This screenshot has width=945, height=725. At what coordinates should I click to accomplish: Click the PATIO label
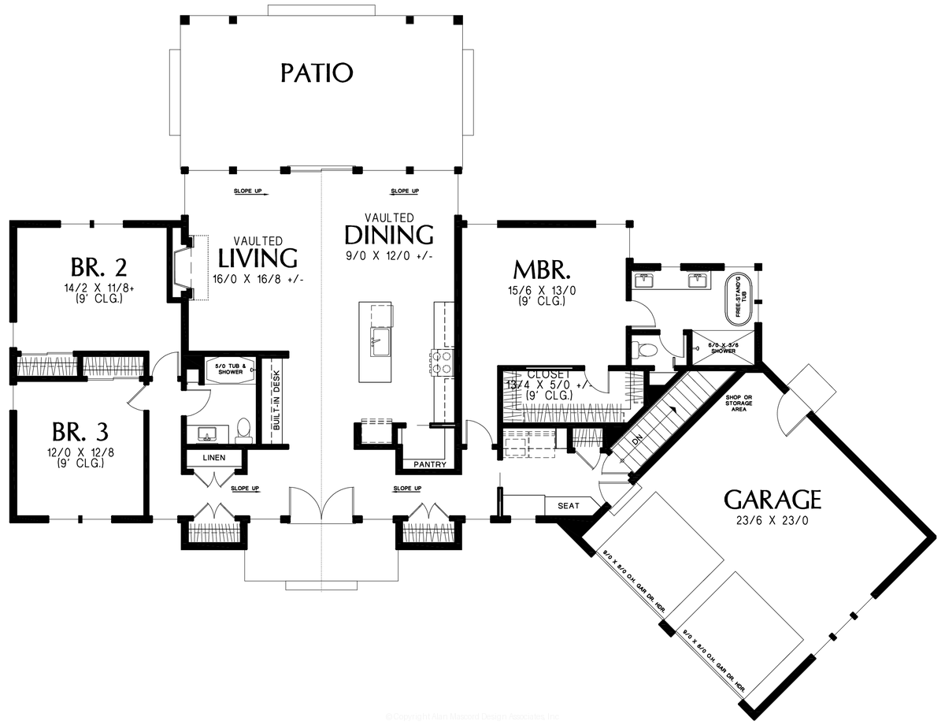click(x=317, y=73)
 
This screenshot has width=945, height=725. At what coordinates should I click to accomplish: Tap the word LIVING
click(x=258, y=258)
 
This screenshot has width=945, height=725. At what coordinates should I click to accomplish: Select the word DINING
click(x=389, y=235)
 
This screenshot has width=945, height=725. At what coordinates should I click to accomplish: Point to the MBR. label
click(x=542, y=270)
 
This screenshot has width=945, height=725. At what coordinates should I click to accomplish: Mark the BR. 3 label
click(x=80, y=432)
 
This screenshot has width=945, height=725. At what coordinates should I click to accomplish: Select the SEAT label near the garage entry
click(x=569, y=506)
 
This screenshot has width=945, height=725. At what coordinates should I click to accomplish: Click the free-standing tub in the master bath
click(x=741, y=296)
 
